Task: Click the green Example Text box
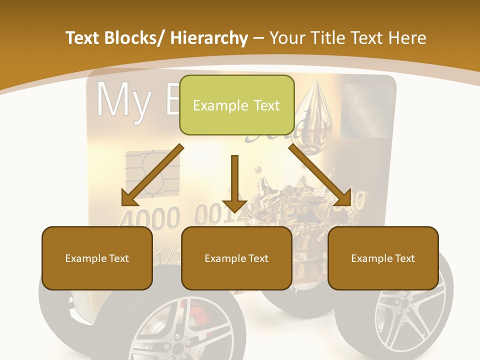236,105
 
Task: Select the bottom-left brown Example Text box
97,258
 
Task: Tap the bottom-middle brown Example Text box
236,258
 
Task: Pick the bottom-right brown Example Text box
383,258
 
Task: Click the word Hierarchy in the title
209,38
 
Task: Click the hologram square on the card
367,110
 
